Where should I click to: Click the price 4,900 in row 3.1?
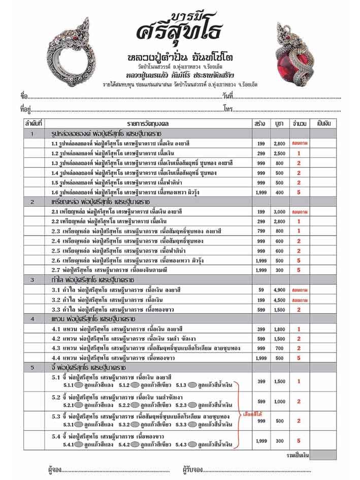(279, 290)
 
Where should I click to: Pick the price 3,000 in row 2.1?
(279, 211)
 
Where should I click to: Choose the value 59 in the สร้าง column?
(261, 290)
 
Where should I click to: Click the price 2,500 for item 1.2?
(279, 153)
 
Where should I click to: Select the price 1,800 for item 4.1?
(279, 329)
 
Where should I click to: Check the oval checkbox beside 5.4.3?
(192, 445)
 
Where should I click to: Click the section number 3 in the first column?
(32, 279)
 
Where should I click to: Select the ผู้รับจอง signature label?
(192, 469)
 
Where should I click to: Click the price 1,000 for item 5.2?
(279, 401)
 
